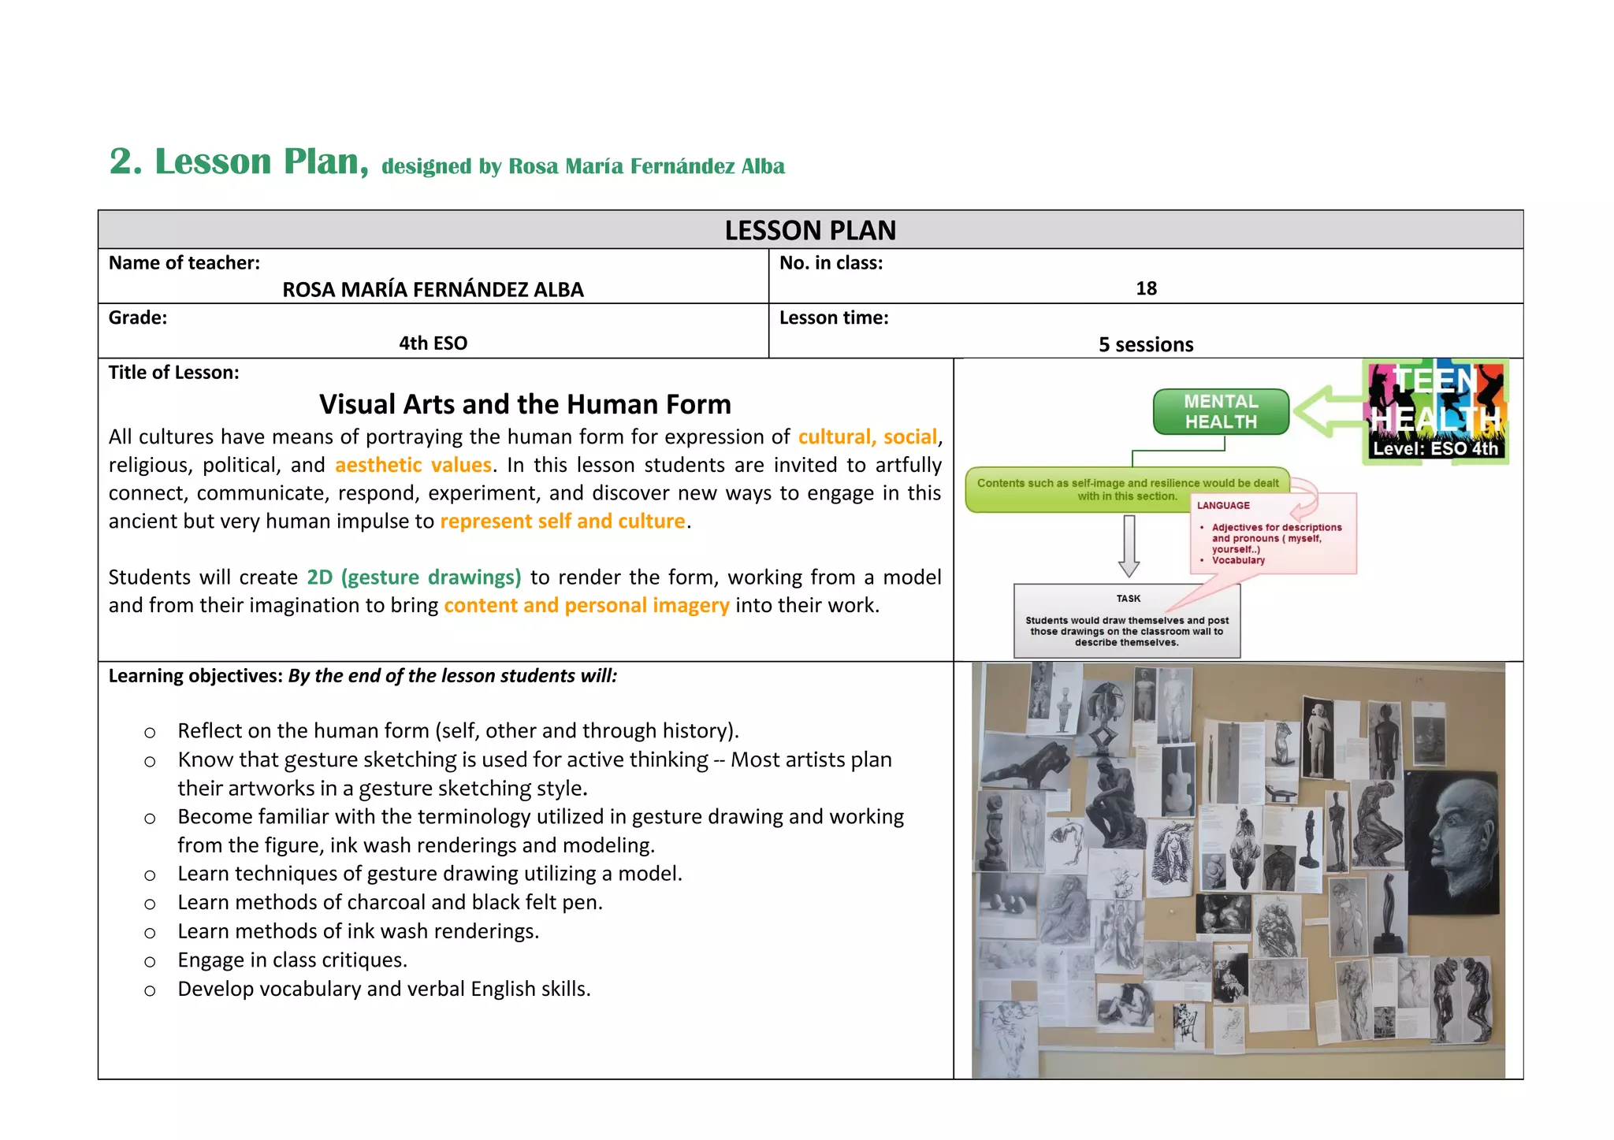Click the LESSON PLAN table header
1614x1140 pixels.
coord(810,230)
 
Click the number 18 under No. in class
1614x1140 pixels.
coord(1146,288)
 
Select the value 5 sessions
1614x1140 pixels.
coord(1146,344)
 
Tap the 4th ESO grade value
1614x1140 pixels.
coord(433,343)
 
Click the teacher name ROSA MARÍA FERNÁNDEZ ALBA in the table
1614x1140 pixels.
coord(433,290)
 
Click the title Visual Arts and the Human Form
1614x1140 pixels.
coord(525,404)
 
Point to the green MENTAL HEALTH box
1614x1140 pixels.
coord(1221,411)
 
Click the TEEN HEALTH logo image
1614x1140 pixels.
coord(1435,411)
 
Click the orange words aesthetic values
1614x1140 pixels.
coord(413,465)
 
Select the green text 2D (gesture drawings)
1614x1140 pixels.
coord(414,577)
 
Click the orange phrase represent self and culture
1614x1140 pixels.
coord(562,522)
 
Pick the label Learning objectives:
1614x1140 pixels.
coord(195,676)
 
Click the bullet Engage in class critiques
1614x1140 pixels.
coord(292,960)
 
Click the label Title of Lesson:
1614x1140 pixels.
coord(173,373)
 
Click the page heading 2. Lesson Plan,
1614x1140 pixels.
coord(238,162)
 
